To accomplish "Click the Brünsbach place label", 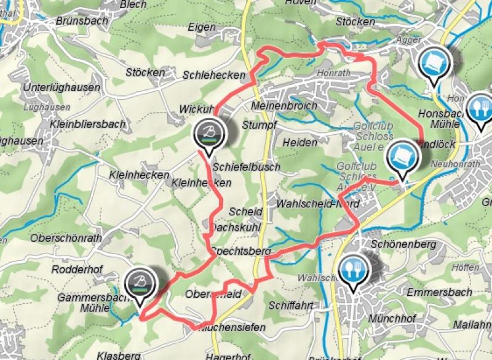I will point(82,20).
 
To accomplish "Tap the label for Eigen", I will point(203,28).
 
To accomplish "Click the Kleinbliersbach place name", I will point(89,124).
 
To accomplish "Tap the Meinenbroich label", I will point(284,106).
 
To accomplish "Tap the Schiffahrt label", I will point(292,305).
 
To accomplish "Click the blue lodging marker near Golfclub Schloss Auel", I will point(403,156).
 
